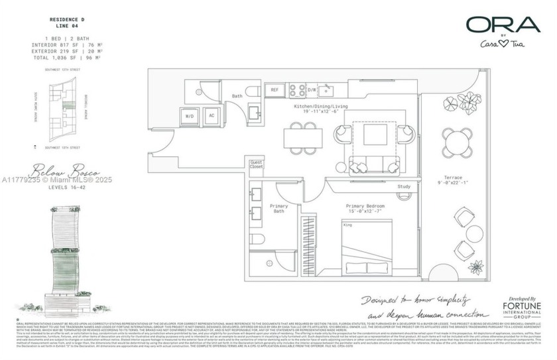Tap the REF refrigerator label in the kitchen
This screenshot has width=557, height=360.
pyautogui.click(x=274, y=90)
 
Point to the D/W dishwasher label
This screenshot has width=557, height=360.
pyautogui.click(x=312, y=90)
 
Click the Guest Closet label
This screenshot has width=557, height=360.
pyautogui.click(x=257, y=166)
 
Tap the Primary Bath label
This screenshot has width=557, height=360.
pyautogui.click(x=278, y=210)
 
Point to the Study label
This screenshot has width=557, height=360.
pyautogui.click(x=404, y=187)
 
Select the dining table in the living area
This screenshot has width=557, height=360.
pyautogui.click(x=300, y=138)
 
